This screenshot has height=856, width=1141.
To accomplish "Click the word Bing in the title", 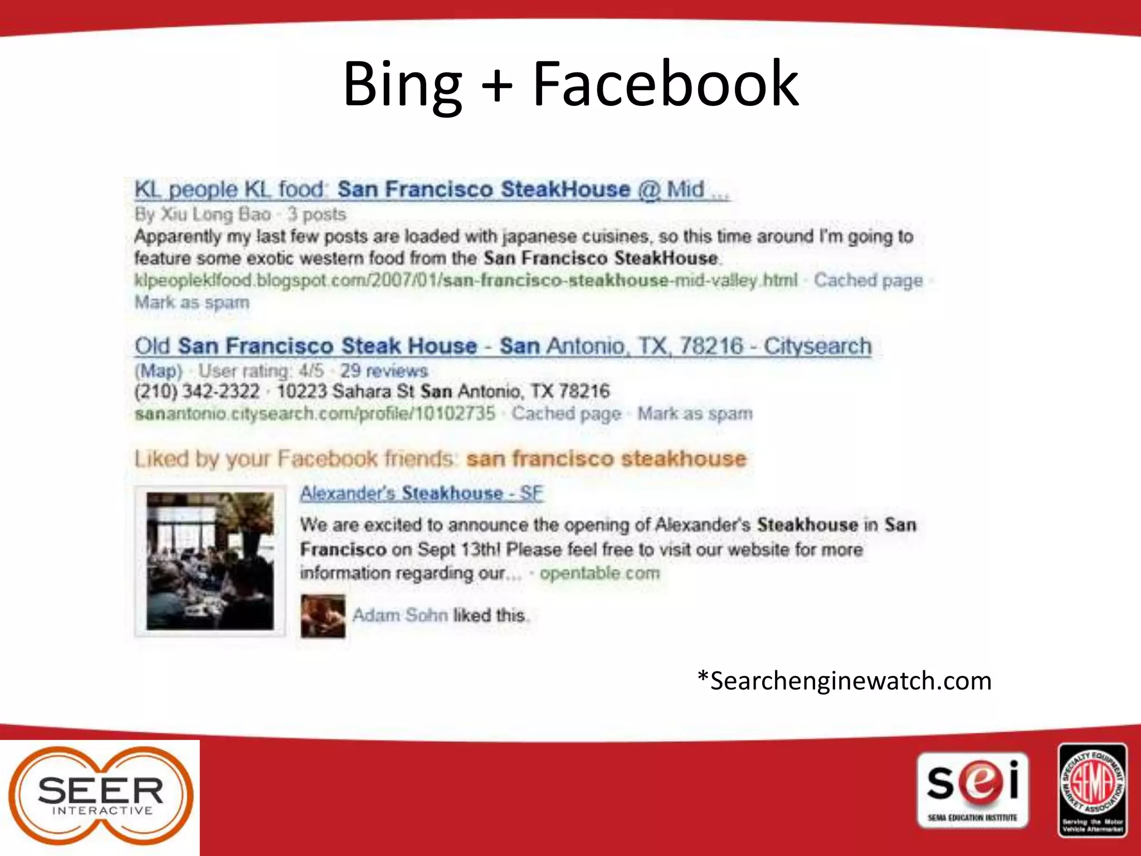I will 402,85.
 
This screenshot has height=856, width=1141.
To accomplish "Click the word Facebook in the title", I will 665,85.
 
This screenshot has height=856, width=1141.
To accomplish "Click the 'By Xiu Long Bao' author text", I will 203,214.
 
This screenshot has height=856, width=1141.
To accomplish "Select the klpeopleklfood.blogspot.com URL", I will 465,280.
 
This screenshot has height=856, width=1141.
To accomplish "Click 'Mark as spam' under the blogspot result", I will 192,303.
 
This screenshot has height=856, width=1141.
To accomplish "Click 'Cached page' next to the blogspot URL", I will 867,280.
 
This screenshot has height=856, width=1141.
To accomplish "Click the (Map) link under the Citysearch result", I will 159,371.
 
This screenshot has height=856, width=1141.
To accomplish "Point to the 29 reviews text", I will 383,371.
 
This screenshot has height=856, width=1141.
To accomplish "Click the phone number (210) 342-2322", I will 197,391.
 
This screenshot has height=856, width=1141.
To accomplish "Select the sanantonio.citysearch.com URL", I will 315,414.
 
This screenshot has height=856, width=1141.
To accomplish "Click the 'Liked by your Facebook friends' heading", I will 294,459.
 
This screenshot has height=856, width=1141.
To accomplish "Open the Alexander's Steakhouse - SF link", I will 421,493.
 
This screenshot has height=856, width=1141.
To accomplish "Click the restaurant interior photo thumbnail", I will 210,561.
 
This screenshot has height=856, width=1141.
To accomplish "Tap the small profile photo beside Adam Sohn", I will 323,616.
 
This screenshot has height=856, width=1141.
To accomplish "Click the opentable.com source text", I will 599,573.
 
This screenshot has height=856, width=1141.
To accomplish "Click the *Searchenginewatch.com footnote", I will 844,681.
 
